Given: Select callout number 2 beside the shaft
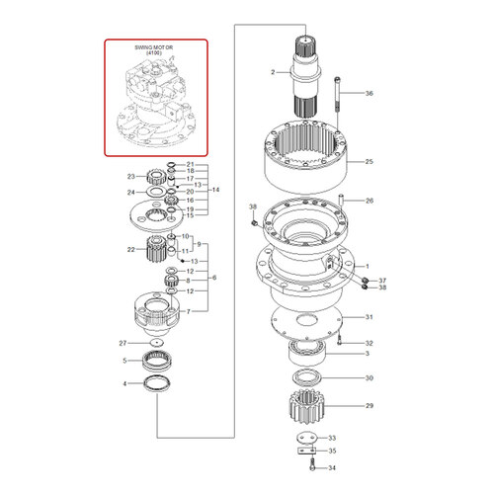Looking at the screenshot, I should (274, 73).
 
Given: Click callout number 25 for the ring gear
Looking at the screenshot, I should (370, 161).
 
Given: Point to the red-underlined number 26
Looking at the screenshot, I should (370, 203).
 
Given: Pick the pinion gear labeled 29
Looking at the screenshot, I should (314, 406).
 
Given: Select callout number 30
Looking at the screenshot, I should (370, 378).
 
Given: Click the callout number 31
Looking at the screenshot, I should (370, 317).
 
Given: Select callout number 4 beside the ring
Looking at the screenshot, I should (124, 382).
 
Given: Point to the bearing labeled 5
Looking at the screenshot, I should (160, 359).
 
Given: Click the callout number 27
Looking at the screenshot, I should (124, 343).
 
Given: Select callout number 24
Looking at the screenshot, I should (130, 193).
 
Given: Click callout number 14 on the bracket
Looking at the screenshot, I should (215, 188).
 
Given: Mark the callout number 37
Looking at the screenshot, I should (383, 280).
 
